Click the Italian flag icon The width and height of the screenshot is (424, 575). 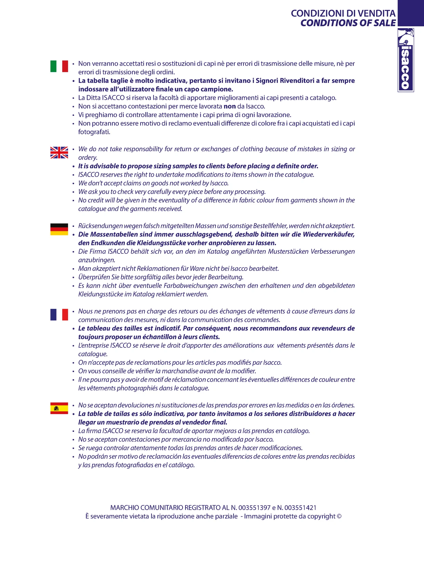click(x=59, y=66)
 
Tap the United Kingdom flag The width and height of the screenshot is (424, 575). click(x=59, y=152)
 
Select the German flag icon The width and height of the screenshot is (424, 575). click(x=59, y=229)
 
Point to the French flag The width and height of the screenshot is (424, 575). click(x=59, y=315)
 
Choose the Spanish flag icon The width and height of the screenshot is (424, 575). click(x=59, y=408)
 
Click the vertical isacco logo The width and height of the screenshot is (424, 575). click(x=406, y=60)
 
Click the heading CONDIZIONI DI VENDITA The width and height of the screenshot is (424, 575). click(x=343, y=13)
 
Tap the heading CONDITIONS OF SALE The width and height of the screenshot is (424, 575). click(x=348, y=23)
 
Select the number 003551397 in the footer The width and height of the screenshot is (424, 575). click(x=254, y=508)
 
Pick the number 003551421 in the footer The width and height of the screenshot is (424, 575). click(x=301, y=508)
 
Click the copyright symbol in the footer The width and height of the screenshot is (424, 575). click(x=339, y=516)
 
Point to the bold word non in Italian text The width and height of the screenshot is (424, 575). click(x=229, y=106)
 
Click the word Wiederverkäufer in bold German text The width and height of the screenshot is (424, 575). click(x=329, y=234)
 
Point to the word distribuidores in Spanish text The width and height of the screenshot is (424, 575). click(x=310, y=414)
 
